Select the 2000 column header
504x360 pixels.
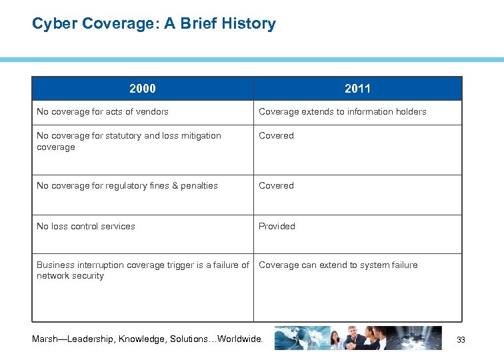[143, 89]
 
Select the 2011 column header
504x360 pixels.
[357, 89]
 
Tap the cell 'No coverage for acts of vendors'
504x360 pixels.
[103, 112]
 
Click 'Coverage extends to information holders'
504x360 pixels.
[342, 112]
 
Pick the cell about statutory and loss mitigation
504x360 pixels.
[129, 141]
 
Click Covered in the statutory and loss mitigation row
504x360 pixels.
[276, 136]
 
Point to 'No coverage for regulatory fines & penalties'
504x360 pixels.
[127, 186]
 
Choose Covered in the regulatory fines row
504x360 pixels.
[276, 186]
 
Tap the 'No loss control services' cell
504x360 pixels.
[86, 227]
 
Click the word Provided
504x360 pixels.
[277, 227]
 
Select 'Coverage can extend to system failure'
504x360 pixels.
[338, 265]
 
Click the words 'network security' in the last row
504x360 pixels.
[71, 276]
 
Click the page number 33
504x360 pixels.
[461, 341]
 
